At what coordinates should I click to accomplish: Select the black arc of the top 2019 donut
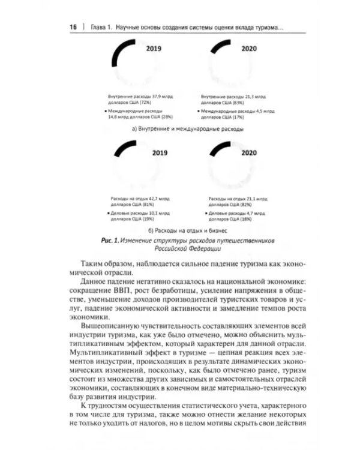click(x=125, y=50)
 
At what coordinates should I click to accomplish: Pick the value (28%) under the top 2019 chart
click(x=172, y=117)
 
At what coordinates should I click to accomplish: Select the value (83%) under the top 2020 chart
click(x=241, y=103)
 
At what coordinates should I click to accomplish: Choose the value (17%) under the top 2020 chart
click(x=230, y=117)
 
